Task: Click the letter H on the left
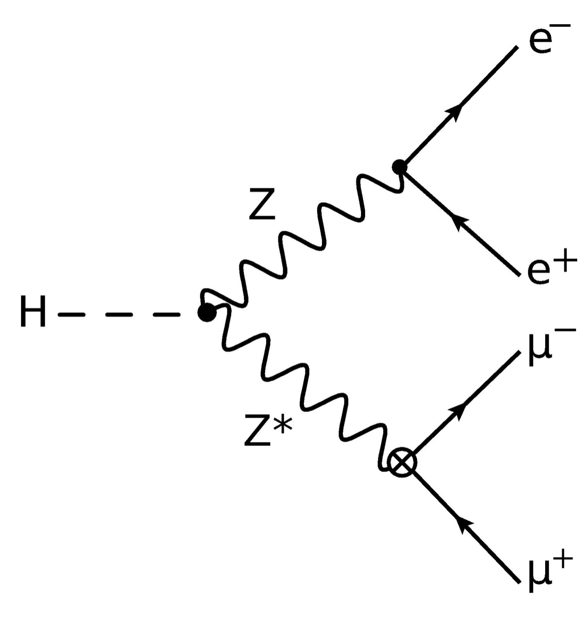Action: pos(33,312)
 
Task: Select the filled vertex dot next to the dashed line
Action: pos(207,312)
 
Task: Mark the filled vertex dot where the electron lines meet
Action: pos(399,167)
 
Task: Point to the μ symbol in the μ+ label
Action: pos(539,577)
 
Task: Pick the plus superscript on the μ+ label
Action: pos(565,561)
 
